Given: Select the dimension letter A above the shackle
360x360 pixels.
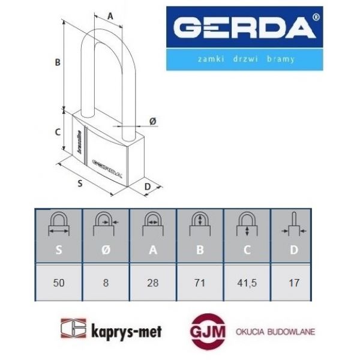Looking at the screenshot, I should [x=110, y=16].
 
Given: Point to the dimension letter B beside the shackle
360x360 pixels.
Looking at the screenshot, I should [x=58, y=62].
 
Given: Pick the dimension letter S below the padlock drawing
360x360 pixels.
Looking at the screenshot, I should [x=80, y=184].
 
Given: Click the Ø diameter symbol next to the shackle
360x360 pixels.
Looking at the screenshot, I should [x=152, y=121].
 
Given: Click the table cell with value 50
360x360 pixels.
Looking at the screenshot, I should [x=58, y=282].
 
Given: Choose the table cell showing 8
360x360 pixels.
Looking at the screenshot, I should [x=106, y=282].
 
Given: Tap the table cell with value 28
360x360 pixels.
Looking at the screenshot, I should [x=152, y=282].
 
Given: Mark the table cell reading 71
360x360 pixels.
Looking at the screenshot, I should [x=199, y=282].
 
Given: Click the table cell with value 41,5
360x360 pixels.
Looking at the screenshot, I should [x=247, y=282].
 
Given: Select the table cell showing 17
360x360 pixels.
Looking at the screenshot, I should [x=293, y=282].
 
